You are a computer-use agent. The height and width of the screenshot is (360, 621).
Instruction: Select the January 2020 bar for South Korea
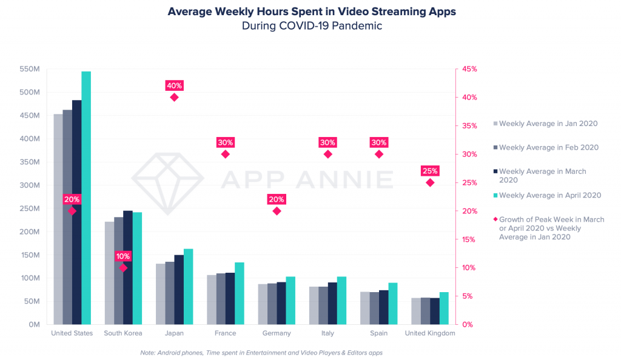coord(109,273)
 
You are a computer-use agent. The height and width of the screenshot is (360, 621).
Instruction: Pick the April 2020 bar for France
coord(240,293)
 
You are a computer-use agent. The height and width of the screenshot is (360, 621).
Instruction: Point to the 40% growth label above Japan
coord(174,85)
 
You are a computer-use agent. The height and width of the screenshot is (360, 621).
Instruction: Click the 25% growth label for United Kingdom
coord(430,171)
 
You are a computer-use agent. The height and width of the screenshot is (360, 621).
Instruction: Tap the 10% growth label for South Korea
coord(123,256)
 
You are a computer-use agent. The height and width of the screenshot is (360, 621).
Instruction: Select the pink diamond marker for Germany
coord(277,211)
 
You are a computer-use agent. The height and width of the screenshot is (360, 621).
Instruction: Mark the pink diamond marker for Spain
coord(379,154)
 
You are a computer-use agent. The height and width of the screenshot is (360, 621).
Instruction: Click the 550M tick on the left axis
coord(30,69)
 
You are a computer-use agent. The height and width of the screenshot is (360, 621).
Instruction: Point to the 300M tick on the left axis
coord(30,185)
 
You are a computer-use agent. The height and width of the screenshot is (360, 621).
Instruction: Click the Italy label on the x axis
coord(327,333)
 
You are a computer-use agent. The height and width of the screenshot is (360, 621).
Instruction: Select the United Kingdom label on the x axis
coord(430,333)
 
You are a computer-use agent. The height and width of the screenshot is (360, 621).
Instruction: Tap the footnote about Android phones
coord(261,352)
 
